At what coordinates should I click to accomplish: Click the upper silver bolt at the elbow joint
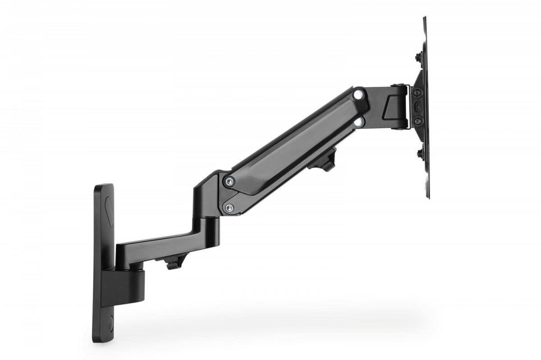[x=230, y=181]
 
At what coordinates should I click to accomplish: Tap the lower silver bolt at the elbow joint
[x=229, y=207]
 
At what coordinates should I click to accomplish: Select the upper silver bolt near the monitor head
[x=358, y=95]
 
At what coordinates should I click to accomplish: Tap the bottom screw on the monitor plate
[x=419, y=153]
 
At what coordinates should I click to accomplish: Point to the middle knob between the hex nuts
[x=418, y=107]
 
